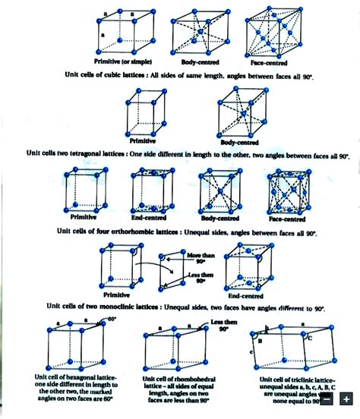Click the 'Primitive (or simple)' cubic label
pos(123,61)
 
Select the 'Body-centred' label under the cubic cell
pos(200,61)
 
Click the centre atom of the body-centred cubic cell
pos(199,33)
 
